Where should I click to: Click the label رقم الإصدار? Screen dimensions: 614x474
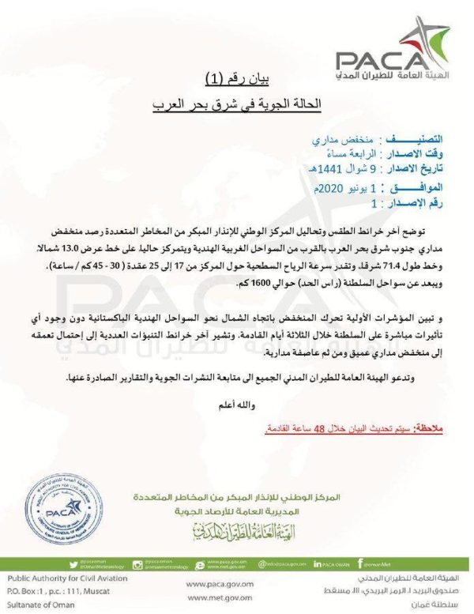pos(431,203)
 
